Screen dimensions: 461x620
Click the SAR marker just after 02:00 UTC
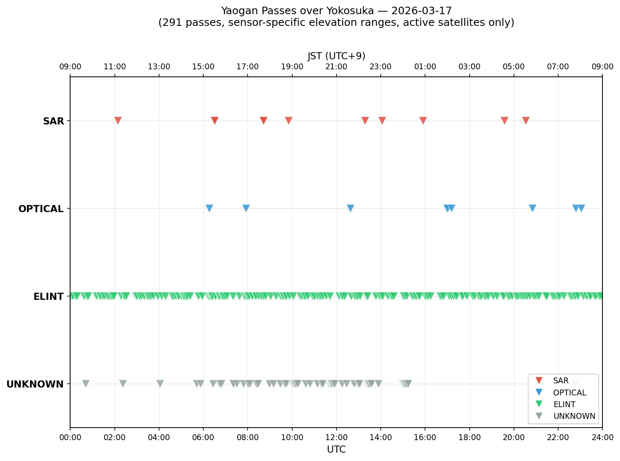pyautogui.click(x=118, y=121)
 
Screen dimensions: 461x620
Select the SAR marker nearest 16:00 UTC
pyautogui.click(x=423, y=121)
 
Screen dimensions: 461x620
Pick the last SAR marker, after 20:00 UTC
pyautogui.click(x=526, y=121)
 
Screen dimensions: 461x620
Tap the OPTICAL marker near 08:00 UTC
pyautogui.click(x=246, y=208)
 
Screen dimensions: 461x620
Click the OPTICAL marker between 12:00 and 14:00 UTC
pyautogui.click(x=350, y=208)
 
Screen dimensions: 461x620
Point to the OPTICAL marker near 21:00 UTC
pyautogui.click(x=532, y=208)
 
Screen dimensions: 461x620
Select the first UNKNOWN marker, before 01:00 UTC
pyautogui.click(x=86, y=383)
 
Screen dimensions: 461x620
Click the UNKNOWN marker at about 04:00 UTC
pyautogui.click(x=160, y=383)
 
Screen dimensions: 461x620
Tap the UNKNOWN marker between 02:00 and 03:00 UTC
pyautogui.click(x=123, y=383)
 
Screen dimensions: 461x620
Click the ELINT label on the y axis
pyautogui.click(x=48, y=296)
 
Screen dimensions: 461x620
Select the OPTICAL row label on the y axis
pyautogui.click(x=41, y=209)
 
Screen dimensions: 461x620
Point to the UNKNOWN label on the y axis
pyautogui.click(x=35, y=384)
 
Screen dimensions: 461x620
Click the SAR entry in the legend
pyautogui.click(x=560, y=381)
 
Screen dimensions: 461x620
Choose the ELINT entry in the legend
pyautogui.click(x=564, y=404)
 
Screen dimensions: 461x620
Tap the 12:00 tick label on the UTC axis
pyautogui.click(x=336, y=438)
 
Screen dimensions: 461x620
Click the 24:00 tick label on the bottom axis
pyautogui.click(x=602, y=438)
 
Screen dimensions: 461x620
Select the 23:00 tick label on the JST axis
pyautogui.click(x=380, y=67)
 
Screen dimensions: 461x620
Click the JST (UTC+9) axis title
pyautogui.click(x=336, y=56)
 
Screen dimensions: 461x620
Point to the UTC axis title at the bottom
pyautogui.click(x=336, y=449)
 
